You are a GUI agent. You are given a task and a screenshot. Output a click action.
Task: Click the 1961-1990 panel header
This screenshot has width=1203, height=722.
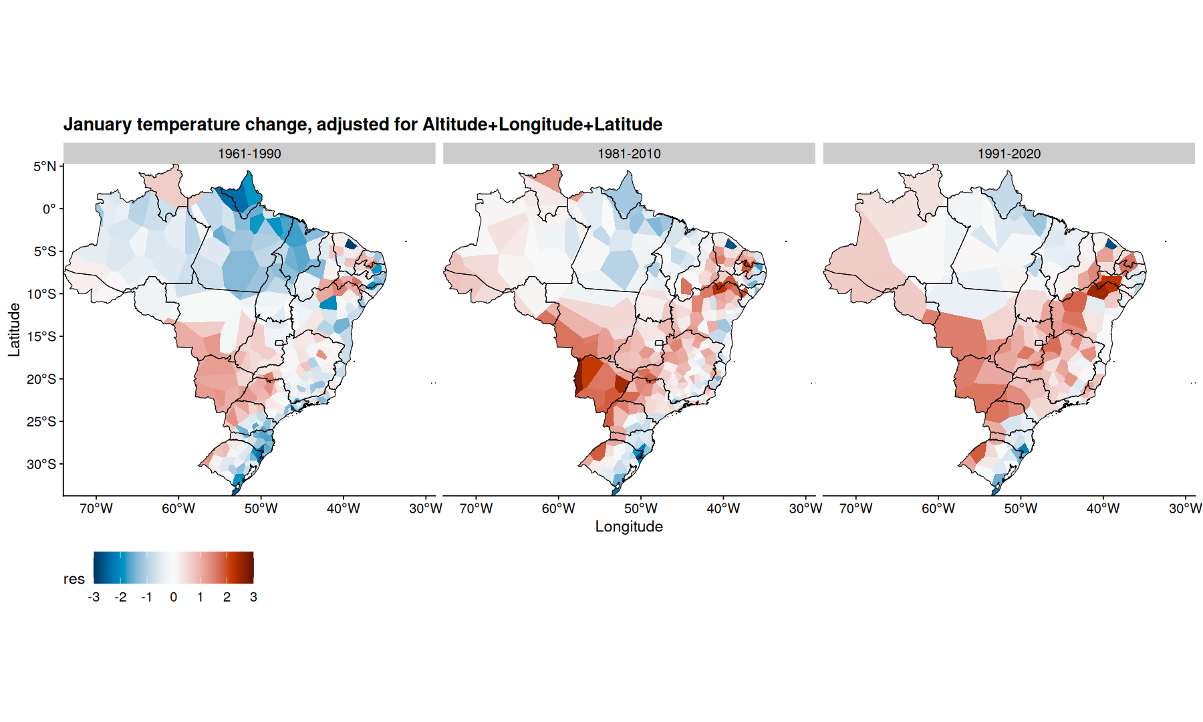point(249,154)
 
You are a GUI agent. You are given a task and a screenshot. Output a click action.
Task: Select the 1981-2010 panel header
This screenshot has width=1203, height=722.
point(629,154)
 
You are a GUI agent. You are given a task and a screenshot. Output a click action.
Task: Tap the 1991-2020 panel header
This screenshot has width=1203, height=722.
point(1009,154)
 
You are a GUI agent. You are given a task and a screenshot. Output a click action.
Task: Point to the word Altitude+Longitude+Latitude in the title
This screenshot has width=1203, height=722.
point(542,124)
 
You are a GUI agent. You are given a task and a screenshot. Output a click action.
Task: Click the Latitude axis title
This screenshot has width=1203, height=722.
point(14,330)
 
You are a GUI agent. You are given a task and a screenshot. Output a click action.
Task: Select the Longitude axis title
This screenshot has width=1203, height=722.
point(629,527)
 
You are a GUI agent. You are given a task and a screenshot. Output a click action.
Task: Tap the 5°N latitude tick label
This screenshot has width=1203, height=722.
point(45,166)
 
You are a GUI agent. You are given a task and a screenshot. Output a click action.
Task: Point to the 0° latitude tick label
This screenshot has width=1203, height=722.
point(49,209)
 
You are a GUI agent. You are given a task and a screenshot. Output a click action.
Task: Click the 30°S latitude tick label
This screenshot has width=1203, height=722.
point(41,464)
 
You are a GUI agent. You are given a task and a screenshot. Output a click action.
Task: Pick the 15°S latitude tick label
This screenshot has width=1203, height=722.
point(41,336)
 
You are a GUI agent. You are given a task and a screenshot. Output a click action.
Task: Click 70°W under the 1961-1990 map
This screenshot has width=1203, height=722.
point(96,509)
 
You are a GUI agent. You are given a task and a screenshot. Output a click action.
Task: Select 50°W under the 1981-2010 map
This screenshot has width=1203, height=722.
point(641,509)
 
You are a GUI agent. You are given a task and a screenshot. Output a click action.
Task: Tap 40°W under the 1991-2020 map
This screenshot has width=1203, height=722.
point(1103,509)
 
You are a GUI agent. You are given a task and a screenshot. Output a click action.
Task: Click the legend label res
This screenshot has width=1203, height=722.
point(74,579)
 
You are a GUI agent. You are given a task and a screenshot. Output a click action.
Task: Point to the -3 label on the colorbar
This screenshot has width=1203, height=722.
point(94,597)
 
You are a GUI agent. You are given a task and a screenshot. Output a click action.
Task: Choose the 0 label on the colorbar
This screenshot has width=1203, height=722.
point(174,597)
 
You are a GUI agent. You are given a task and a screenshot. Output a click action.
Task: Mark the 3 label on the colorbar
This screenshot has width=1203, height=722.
point(253,597)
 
